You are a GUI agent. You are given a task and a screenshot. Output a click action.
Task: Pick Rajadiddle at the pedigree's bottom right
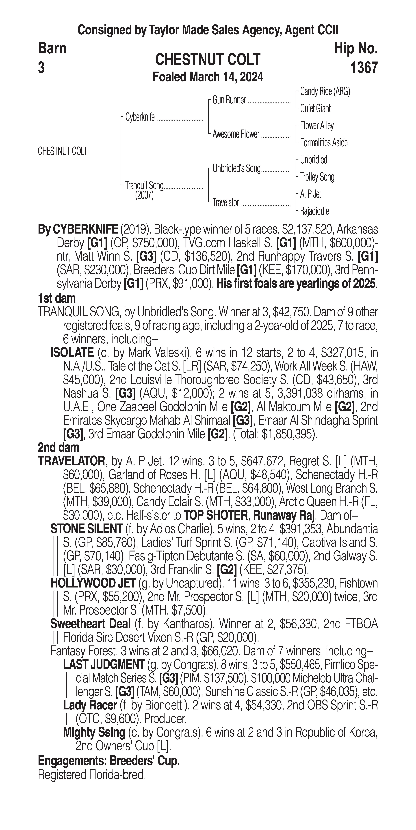pyautogui.click(x=314, y=211)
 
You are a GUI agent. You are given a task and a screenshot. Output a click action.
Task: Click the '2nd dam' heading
pyautogui.click(x=58, y=448)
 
